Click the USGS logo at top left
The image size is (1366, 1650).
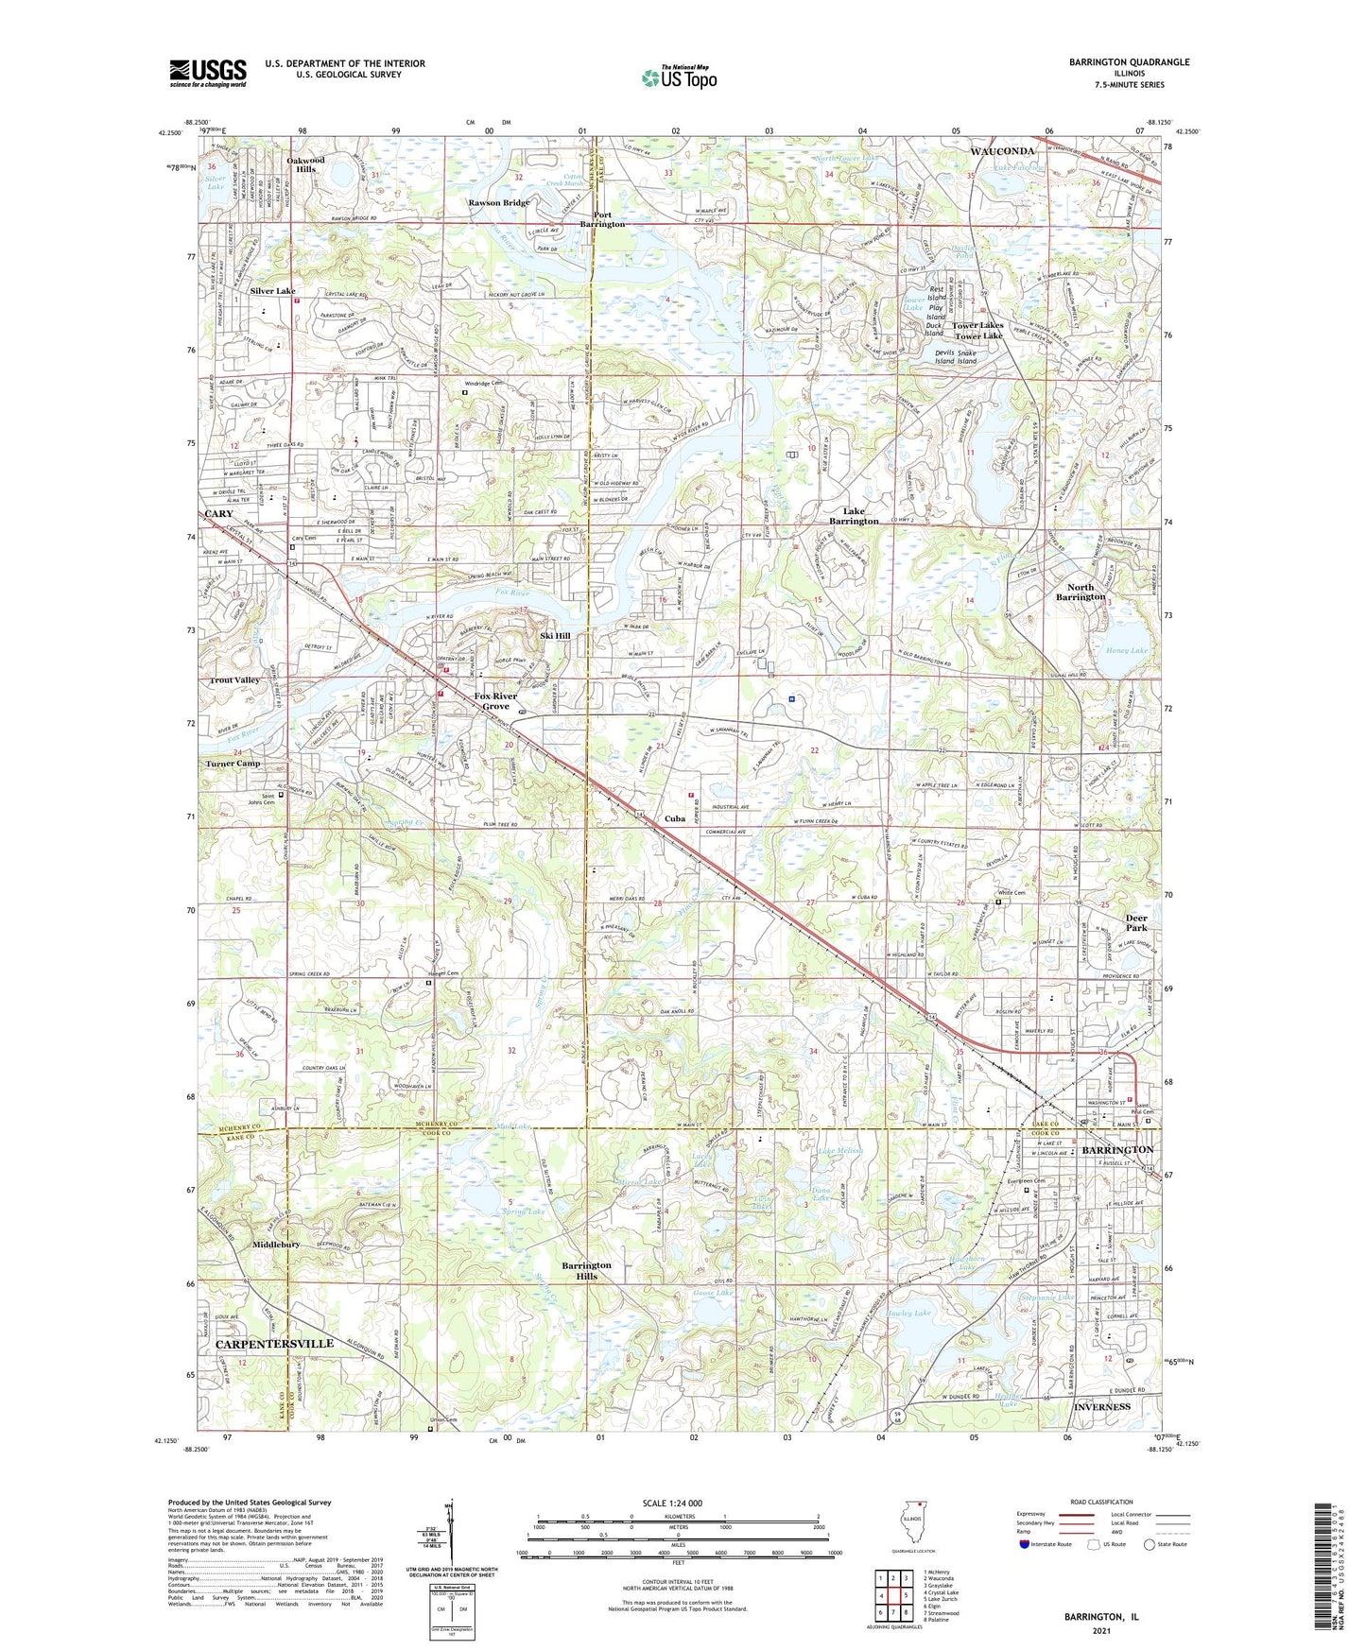point(208,72)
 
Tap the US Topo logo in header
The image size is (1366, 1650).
point(678,78)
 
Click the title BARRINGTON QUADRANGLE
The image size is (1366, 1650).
point(1129,62)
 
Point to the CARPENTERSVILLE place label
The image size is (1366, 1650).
point(274,1343)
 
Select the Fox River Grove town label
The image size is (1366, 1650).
point(496,701)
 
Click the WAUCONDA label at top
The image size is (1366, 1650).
point(1001,151)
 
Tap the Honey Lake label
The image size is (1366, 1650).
point(1125,650)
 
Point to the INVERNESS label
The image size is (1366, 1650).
point(1102,1406)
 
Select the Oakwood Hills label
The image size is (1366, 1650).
point(305,164)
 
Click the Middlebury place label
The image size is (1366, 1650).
point(276,1245)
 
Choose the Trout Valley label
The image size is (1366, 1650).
point(234,680)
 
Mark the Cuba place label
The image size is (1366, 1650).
point(674,819)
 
